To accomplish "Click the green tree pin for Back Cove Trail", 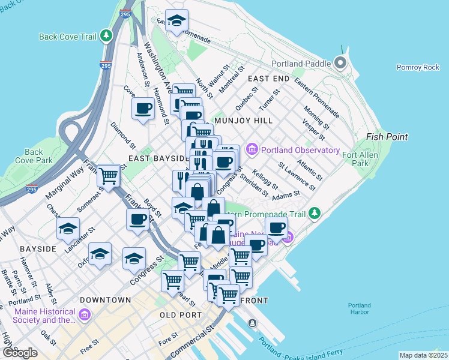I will tap(106, 36).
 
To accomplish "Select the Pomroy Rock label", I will tap(418, 67).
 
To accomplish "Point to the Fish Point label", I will tap(387, 137).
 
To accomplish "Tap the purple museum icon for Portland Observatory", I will tap(252, 149).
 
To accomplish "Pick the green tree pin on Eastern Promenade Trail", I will tap(314, 214).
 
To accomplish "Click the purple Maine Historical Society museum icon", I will tap(84, 314).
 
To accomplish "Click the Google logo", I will tap(20, 353).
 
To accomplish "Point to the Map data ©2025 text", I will tap(423, 355).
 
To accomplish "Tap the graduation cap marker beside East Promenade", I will tap(176, 21).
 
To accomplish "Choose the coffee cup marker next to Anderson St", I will tap(143, 109).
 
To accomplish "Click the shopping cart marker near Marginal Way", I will tap(108, 176).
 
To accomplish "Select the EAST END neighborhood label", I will tap(268, 79).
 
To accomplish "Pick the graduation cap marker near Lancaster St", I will tap(68, 228).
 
